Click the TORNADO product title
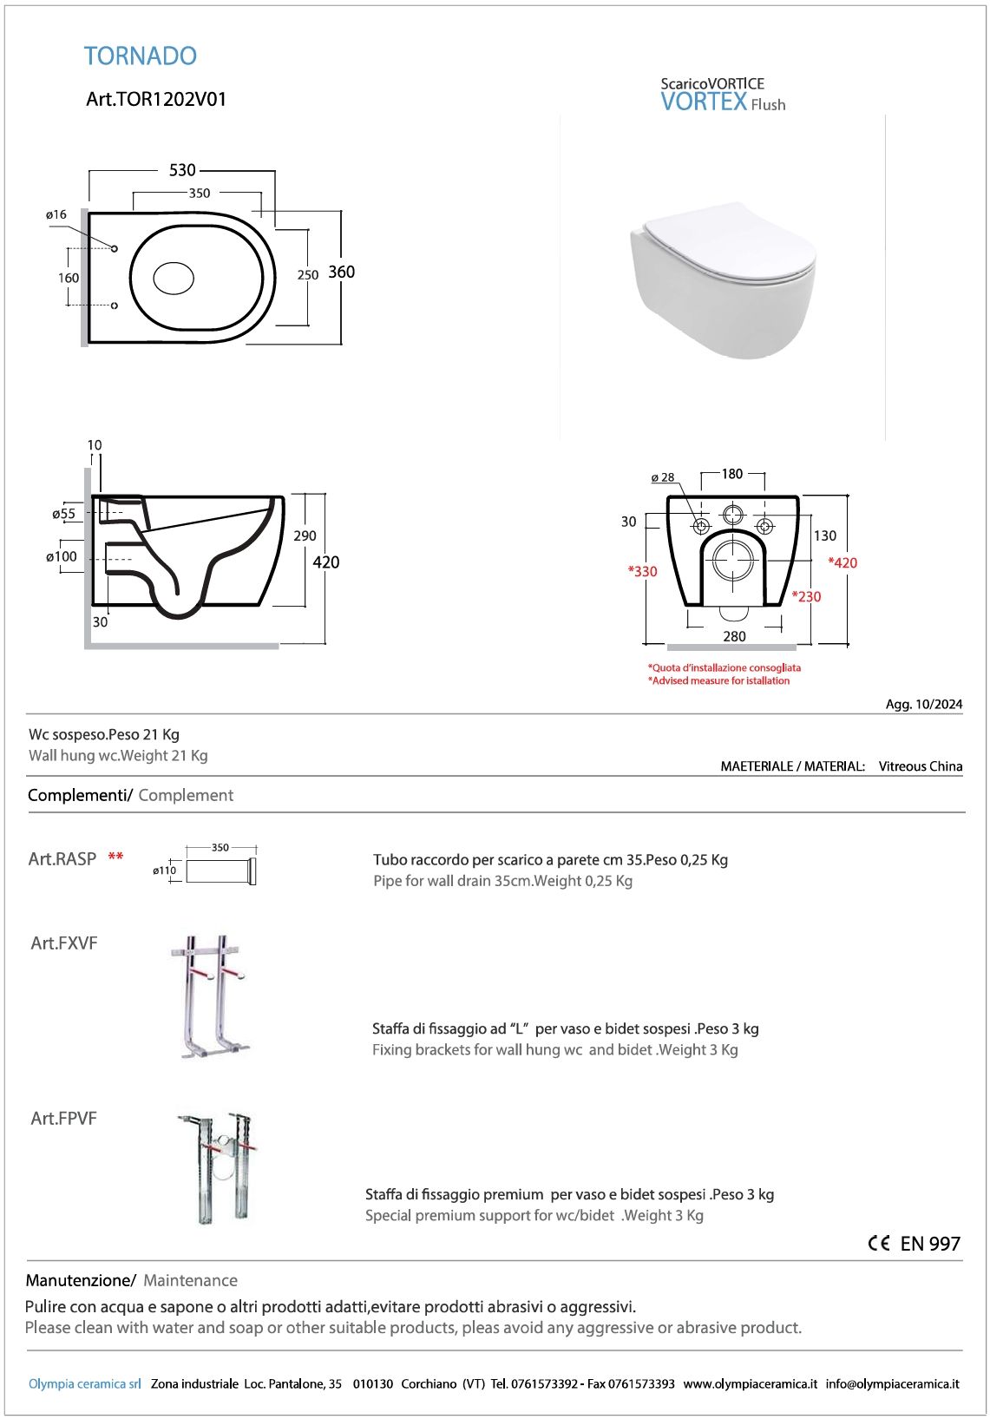point(141,56)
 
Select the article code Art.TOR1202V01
point(156,99)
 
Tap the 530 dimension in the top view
point(182,170)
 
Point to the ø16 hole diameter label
point(56,214)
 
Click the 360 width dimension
point(341,272)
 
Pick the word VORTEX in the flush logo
point(704,102)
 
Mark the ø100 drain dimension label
point(62,556)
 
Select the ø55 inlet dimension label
point(63,514)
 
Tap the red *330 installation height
point(643,571)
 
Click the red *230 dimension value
point(806,596)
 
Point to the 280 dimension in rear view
point(734,636)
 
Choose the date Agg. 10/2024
point(924,704)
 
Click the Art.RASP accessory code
point(62,859)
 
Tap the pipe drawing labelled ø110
point(220,870)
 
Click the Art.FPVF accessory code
point(63,1119)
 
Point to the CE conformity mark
point(878,1243)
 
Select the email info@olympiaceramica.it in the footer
point(892,1383)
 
